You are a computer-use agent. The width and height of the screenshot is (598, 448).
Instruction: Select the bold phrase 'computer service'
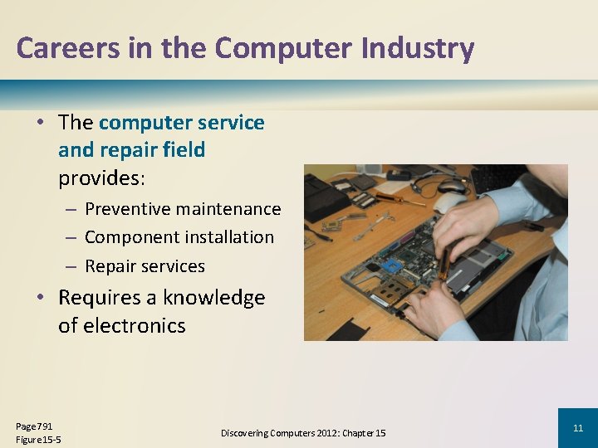181,123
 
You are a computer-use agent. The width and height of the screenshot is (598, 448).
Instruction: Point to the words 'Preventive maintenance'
183,209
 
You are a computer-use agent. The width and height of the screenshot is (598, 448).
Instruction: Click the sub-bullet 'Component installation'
179,237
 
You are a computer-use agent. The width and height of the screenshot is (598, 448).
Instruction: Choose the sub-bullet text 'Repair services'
145,266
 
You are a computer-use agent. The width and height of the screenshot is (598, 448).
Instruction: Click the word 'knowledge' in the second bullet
213,297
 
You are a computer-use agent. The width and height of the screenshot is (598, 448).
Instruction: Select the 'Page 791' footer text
34,426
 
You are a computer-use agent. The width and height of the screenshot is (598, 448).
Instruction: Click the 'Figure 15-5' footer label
37,439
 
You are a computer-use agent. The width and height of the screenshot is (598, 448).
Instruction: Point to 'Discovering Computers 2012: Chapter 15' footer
303,433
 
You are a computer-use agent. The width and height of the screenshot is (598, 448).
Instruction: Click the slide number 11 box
577,428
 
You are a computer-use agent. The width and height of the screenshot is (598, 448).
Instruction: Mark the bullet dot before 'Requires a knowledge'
40,298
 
